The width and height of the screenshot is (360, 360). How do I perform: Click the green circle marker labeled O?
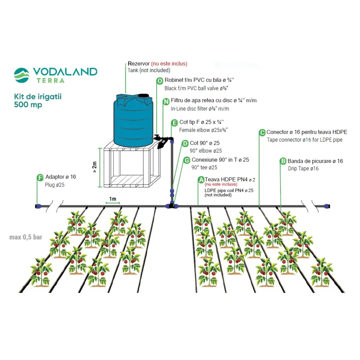point(160,81)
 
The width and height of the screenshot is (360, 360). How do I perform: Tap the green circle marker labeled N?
point(166,102)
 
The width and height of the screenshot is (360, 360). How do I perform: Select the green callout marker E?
point(174,123)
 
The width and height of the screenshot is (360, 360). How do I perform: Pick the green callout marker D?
point(185,143)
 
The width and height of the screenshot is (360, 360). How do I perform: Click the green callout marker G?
point(187,160)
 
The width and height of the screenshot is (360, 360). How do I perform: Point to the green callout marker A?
point(201,180)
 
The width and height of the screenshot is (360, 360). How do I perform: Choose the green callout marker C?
point(262,133)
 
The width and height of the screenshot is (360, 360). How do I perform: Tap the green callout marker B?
point(283,161)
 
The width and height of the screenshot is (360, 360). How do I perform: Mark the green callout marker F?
point(40,177)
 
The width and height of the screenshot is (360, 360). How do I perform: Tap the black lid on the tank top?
point(144,95)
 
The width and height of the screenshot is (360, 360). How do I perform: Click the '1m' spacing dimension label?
point(112,199)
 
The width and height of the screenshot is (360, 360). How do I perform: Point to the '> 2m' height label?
point(95,168)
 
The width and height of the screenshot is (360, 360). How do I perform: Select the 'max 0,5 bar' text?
point(26,237)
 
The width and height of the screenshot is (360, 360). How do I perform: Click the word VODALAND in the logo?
point(65,72)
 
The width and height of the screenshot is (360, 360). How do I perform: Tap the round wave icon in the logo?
point(22,75)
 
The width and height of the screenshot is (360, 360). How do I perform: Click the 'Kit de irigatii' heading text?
point(38,96)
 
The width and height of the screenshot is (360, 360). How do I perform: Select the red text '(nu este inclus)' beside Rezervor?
point(169,64)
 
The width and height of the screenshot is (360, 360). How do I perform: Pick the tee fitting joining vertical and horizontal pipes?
point(172,205)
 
